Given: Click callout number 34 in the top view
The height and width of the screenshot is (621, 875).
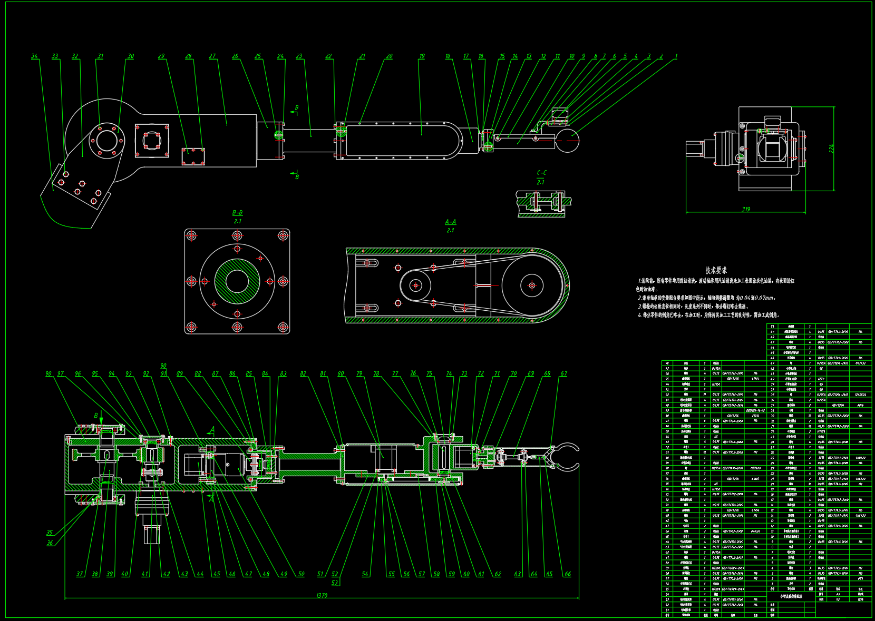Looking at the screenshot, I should (x=35, y=56).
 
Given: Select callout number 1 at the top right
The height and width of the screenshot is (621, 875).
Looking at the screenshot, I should (x=676, y=56).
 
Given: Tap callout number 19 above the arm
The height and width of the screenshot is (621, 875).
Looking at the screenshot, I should (x=422, y=56).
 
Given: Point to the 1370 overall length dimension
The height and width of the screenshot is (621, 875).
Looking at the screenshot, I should (x=322, y=595).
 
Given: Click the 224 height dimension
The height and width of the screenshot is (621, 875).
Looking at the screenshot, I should (x=832, y=149).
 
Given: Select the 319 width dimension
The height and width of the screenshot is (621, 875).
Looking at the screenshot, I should (x=746, y=209).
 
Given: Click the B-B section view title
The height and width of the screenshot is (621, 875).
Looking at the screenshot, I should (x=237, y=213).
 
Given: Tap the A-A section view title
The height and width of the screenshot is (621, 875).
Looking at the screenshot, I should (x=450, y=222).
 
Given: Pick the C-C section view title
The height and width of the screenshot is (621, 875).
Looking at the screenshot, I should (x=541, y=173).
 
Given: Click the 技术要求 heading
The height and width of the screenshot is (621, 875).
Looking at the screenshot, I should (x=716, y=270).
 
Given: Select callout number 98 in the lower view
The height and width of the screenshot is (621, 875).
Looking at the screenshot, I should (x=48, y=374).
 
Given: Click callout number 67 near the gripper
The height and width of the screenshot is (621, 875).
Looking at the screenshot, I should (x=563, y=373).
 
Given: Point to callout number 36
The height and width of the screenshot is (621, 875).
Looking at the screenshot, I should (x=50, y=543).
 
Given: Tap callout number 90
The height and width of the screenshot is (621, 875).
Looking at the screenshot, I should (x=163, y=366).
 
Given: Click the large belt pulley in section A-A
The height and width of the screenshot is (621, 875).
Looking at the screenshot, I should (x=531, y=285).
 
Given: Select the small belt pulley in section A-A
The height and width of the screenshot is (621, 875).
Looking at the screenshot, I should (x=415, y=285).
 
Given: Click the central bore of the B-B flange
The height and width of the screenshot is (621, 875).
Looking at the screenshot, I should (x=237, y=281).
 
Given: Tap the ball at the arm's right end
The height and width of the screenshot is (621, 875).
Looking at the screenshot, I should (x=568, y=141).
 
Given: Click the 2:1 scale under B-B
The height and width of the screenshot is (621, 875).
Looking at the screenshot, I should (x=237, y=221).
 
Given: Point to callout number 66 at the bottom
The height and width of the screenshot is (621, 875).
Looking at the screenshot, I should (x=567, y=574).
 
